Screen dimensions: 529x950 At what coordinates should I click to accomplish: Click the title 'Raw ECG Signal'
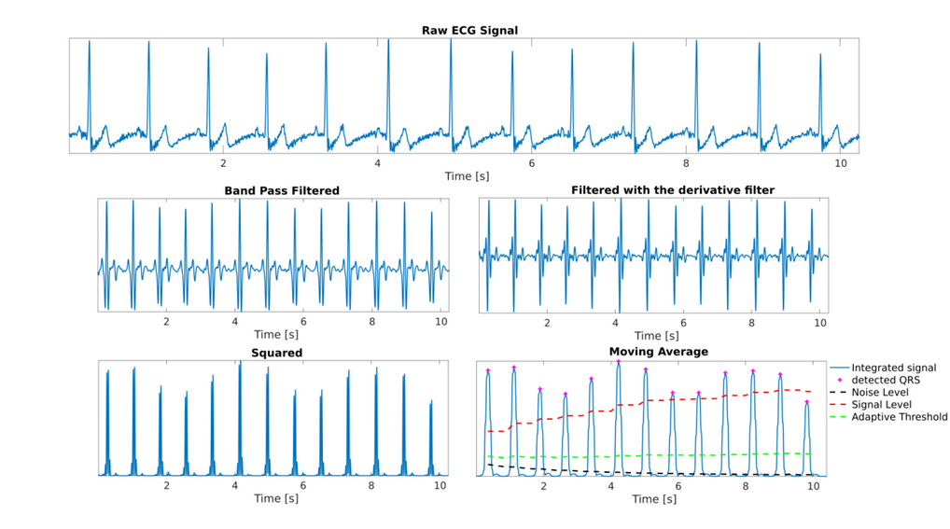tap(469, 31)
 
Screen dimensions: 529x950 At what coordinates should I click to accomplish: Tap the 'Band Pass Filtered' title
tap(282, 190)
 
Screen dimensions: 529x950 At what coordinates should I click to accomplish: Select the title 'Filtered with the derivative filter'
tap(672, 190)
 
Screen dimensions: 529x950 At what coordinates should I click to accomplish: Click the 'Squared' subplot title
tap(276, 353)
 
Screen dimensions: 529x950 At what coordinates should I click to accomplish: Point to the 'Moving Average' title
tap(658, 352)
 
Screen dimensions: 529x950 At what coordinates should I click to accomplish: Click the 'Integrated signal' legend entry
tap(893, 368)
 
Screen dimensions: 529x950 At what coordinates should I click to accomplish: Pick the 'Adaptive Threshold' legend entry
tap(900, 417)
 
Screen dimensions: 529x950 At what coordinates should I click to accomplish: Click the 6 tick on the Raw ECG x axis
tap(532, 163)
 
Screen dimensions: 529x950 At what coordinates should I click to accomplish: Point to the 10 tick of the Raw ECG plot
tap(841, 163)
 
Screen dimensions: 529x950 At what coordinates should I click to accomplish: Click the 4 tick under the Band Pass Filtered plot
tap(235, 322)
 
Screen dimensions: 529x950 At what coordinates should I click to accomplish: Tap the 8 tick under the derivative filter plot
tap(752, 322)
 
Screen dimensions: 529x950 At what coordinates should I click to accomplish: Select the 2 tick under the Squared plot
tap(167, 486)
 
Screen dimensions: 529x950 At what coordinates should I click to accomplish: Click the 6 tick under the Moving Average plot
tap(678, 487)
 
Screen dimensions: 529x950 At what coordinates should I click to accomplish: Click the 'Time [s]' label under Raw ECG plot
tap(467, 176)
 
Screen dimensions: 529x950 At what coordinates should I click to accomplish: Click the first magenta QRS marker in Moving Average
tap(487, 370)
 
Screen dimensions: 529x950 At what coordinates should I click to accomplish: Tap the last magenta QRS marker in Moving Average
tap(807, 402)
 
